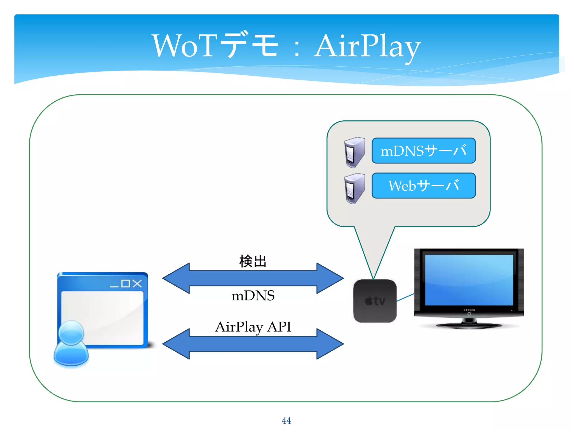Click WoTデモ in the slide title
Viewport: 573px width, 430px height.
coord(215,45)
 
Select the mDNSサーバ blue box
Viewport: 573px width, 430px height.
coord(423,151)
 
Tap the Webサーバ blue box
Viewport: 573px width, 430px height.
coord(423,186)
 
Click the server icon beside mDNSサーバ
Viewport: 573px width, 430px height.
coord(354,152)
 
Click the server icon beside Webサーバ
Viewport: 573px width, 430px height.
coord(354,188)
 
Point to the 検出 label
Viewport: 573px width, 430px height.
coord(253,261)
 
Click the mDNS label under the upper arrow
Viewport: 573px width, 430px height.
coord(253,296)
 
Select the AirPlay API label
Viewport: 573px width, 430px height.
coord(253,326)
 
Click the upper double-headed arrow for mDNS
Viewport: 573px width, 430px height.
coord(253,278)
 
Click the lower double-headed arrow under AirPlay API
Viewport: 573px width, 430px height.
coord(253,344)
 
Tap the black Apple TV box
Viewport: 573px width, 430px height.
coord(375,301)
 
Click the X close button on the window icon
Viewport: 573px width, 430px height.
coord(137,284)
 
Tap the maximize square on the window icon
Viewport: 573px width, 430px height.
coord(126,284)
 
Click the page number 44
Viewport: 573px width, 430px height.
coord(286,420)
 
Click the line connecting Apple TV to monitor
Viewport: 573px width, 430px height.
coord(405,297)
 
